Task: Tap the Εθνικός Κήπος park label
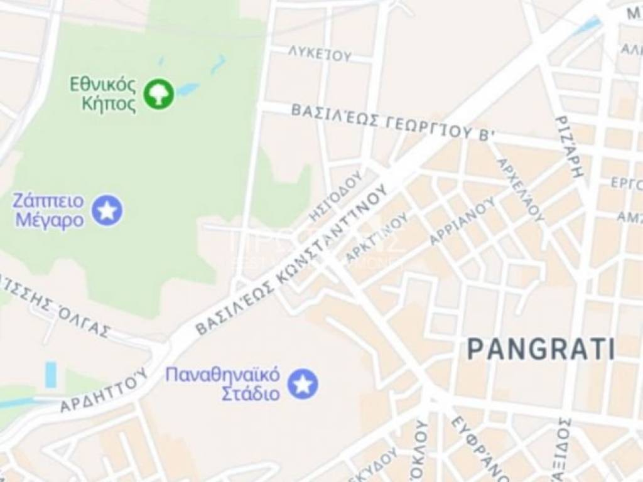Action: click(x=102, y=94)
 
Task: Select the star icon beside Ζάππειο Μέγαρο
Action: click(x=107, y=210)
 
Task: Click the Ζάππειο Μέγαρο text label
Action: click(x=48, y=211)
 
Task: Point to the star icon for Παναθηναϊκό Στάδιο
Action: click(x=303, y=383)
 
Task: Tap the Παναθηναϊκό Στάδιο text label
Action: click(x=222, y=384)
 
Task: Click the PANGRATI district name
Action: click(x=541, y=349)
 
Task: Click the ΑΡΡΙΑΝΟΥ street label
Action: click(x=462, y=222)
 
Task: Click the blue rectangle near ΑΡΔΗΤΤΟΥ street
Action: click(x=51, y=375)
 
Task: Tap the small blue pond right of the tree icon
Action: click(x=187, y=89)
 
